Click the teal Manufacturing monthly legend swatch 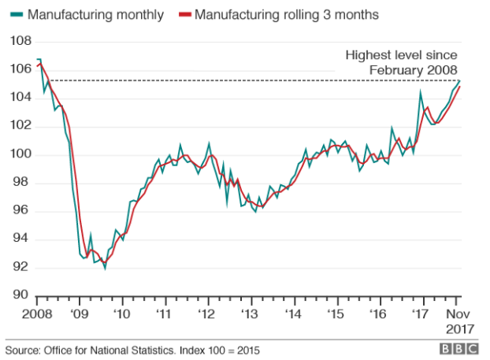pyautogui.click(x=13, y=14)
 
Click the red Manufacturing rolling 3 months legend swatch pyautogui.click(x=183, y=14)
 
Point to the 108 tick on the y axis pyautogui.click(x=20, y=41)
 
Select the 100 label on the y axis pyautogui.click(x=20, y=154)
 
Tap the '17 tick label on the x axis pyautogui.click(x=423, y=313)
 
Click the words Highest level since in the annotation pyautogui.click(x=402, y=54)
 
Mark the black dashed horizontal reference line pyautogui.click(x=197, y=80)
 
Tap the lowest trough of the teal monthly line pyautogui.click(x=105, y=268)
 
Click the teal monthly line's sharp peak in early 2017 pyautogui.click(x=420, y=92)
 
